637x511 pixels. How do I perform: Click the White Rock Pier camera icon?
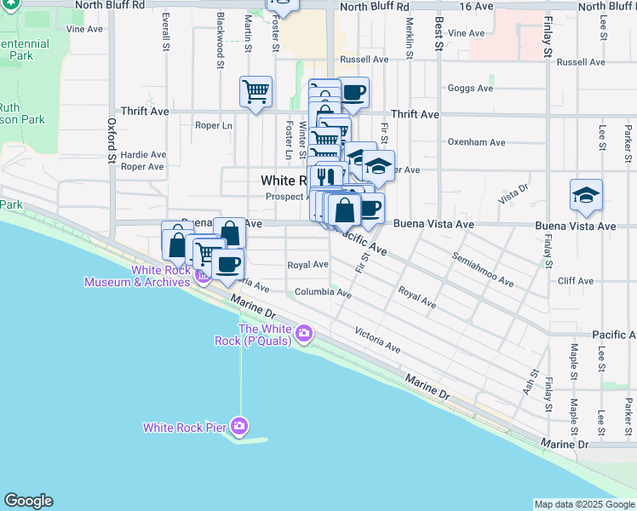click(240, 425)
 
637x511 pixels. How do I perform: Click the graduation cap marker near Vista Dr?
click(587, 195)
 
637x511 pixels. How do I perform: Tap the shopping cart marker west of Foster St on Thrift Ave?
click(255, 91)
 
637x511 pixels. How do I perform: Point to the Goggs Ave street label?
click(470, 89)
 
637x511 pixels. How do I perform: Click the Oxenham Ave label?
click(477, 142)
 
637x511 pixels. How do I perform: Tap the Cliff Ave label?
click(575, 280)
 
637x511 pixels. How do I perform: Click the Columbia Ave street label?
click(323, 293)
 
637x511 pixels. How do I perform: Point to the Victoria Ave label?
click(377, 340)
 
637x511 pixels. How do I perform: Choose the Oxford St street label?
click(112, 140)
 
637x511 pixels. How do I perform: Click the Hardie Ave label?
click(143, 155)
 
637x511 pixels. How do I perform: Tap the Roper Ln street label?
click(213, 126)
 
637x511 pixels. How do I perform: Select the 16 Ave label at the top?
click(476, 6)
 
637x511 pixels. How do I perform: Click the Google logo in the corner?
click(28, 501)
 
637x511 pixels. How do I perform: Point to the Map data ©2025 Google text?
click(584, 504)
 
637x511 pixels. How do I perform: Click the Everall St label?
click(165, 30)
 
